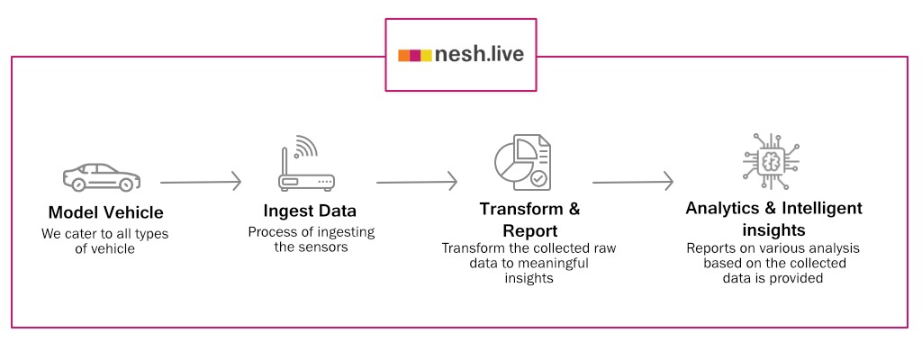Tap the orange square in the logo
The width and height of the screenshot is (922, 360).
click(x=404, y=55)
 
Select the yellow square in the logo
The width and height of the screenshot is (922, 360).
click(x=426, y=55)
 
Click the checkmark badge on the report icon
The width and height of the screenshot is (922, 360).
click(x=538, y=179)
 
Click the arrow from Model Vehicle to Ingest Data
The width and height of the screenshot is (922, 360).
click(x=201, y=181)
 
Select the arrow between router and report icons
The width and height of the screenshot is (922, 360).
click(x=416, y=181)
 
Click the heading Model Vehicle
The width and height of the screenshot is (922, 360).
click(x=106, y=213)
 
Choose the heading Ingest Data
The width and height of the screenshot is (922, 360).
click(x=310, y=211)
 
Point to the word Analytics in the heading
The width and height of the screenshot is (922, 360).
click(x=723, y=208)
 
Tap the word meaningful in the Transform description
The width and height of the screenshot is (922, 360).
click(x=548, y=263)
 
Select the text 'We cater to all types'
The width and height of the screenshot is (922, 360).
click(x=105, y=234)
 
